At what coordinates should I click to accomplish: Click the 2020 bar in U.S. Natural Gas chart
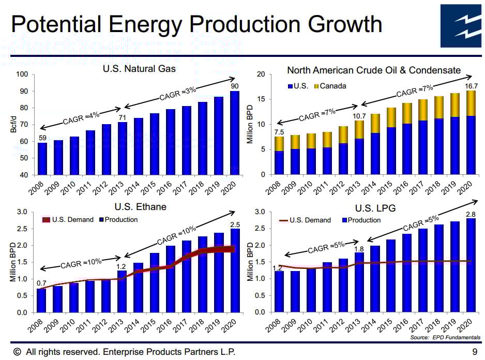click(235, 133)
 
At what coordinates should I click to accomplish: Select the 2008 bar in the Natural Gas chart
click(42, 159)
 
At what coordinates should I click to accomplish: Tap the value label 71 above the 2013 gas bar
click(122, 117)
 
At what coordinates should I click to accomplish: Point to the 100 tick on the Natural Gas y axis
click(22, 74)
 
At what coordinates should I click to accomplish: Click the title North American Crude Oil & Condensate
click(374, 70)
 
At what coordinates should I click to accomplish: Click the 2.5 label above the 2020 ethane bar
click(235, 224)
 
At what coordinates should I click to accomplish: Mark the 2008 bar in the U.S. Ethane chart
click(41, 300)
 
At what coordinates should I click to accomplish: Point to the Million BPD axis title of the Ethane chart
click(13, 262)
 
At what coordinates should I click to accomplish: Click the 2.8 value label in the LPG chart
click(471, 214)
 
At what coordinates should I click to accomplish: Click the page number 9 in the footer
click(474, 352)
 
